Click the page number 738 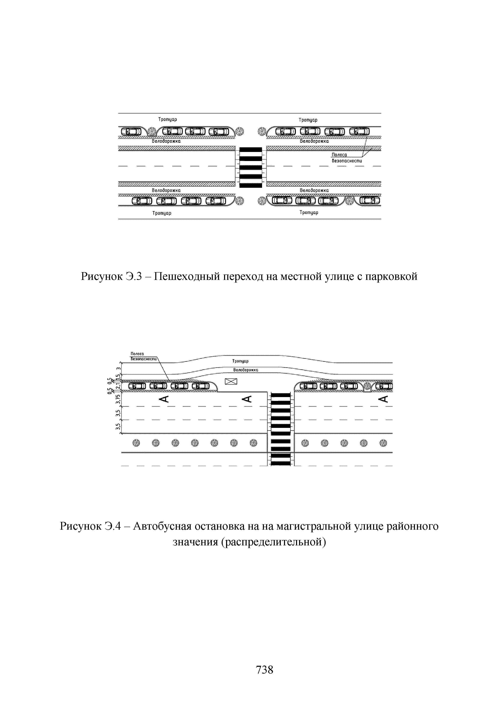click(x=264, y=669)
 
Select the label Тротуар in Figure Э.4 click(x=240, y=361)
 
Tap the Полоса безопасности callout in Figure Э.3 click(x=346, y=158)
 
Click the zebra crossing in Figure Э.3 click(x=251, y=167)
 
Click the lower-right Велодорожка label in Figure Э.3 click(x=314, y=190)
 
